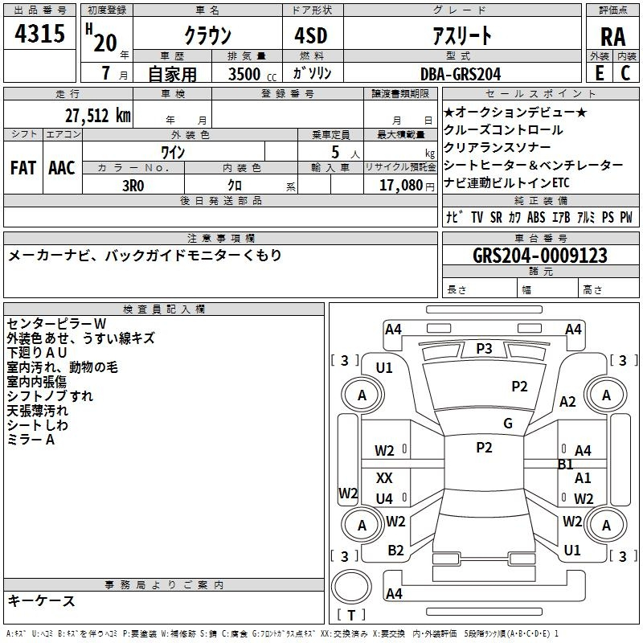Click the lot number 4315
coord(39,33)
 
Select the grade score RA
coord(612,37)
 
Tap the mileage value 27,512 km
coord(97,115)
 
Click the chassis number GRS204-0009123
coord(540,255)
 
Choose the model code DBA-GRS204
coord(461,74)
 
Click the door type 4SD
coord(311,35)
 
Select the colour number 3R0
coord(133,186)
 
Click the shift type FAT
coord(23,168)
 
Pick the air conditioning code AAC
coord(62,168)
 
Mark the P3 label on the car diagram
coord(484,349)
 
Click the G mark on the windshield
coord(508,423)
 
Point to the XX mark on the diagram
coord(384,477)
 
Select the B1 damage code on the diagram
coord(566,465)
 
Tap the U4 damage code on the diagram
coord(384,498)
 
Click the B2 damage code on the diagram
coord(395,551)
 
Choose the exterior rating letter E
coord(599,73)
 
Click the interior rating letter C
coord(625,73)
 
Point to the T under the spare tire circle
coord(351,615)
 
